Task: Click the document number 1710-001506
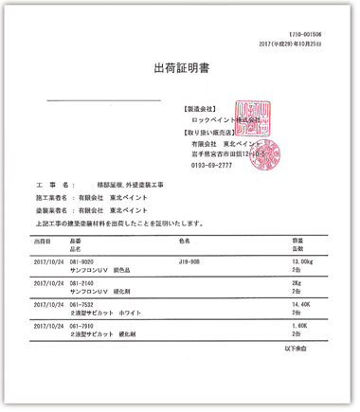tap(309, 32)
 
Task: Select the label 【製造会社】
tap(210, 109)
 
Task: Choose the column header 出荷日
tap(45, 242)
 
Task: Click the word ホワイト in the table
tap(138, 312)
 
